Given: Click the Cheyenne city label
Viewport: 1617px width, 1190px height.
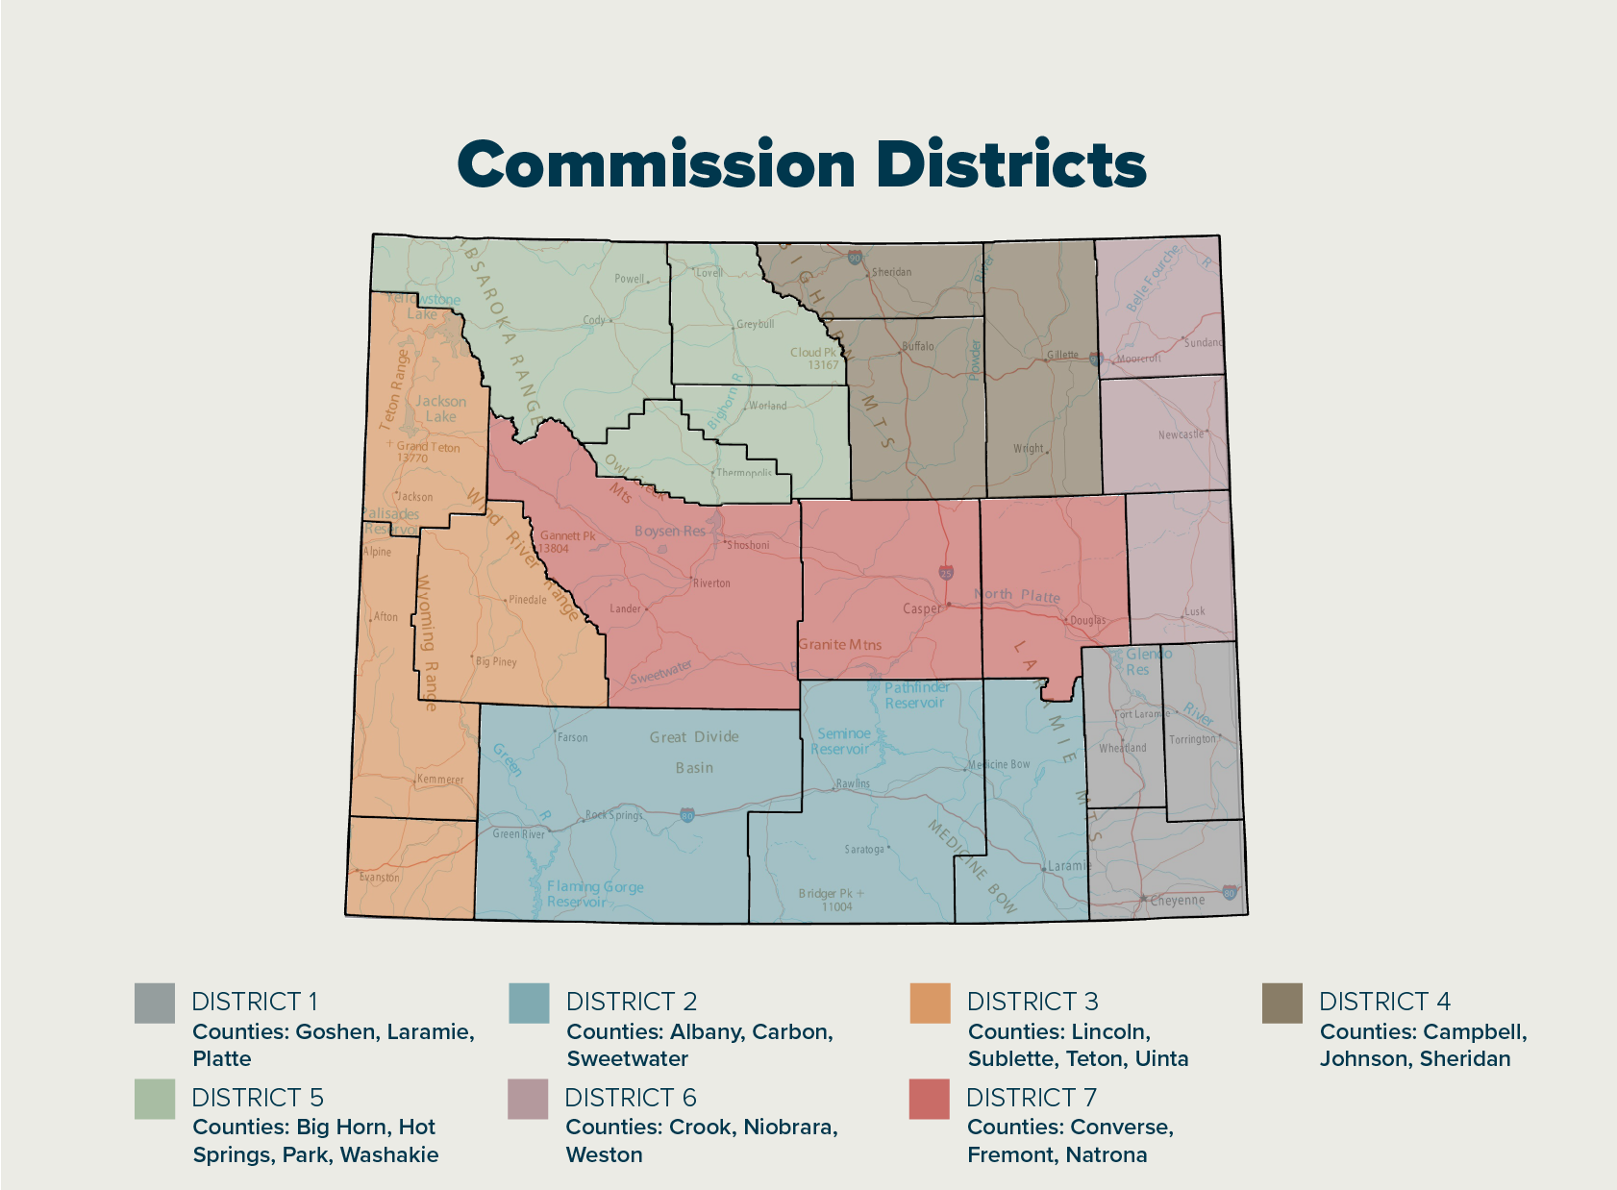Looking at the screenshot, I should tap(1178, 901).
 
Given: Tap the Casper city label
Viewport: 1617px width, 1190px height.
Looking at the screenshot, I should tap(922, 608).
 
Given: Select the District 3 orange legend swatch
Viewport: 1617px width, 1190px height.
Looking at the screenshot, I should tap(930, 1003).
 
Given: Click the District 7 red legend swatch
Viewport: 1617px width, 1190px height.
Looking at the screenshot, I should tap(930, 1099).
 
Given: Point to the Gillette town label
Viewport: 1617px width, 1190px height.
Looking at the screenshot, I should tap(1062, 355).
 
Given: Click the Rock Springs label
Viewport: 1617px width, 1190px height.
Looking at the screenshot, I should tap(614, 815).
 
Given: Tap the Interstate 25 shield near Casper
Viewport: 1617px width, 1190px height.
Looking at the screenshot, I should tap(946, 573).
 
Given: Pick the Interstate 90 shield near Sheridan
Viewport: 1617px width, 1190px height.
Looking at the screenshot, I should tap(855, 258).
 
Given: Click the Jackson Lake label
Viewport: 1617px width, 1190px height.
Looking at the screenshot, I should tap(440, 409).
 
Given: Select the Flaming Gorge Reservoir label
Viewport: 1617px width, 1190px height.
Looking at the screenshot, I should tap(594, 894).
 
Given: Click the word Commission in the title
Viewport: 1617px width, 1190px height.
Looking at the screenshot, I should tap(656, 164).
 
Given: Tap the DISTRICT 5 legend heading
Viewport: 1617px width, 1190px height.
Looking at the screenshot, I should tap(258, 1098).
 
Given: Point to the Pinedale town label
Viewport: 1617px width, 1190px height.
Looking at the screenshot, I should tap(527, 600).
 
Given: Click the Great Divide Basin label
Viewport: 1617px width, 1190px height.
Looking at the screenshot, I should tap(694, 752).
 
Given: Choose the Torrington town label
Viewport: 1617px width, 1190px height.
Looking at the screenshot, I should tap(1192, 739).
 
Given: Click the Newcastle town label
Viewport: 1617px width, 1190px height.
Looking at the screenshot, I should tap(1181, 434).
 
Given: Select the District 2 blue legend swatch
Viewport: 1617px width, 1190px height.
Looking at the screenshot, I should tap(529, 1003).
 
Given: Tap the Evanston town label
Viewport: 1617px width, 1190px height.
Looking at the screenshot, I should tap(379, 877).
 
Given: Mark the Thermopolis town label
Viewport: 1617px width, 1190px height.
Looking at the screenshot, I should tap(744, 473).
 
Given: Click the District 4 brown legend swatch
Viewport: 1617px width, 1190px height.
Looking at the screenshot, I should tap(1281, 1003).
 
